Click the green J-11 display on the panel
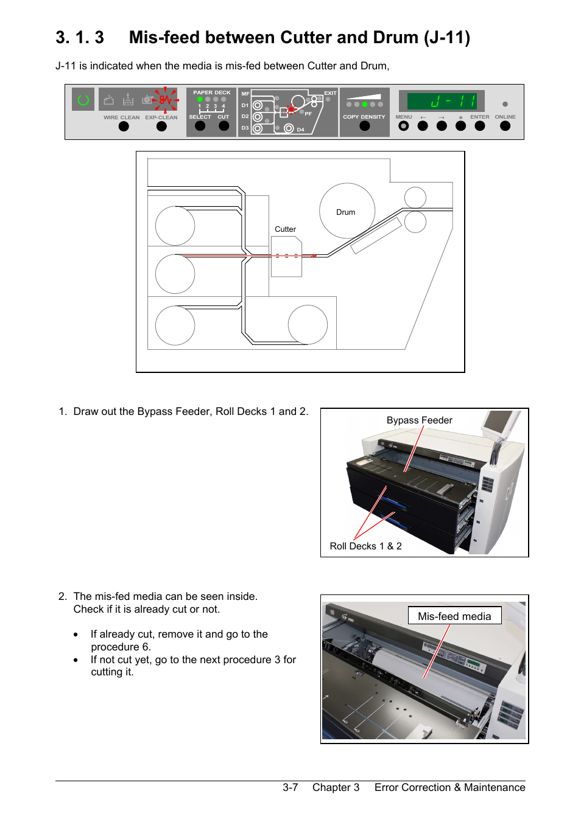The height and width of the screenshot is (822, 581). coord(442,101)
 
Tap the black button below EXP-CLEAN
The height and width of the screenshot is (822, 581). coord(161,127)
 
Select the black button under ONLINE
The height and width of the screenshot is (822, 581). coord(505,126)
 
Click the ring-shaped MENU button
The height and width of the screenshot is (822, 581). coord(403,126)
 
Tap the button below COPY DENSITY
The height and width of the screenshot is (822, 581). coord(364,126)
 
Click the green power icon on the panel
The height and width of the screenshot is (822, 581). coord(83,100)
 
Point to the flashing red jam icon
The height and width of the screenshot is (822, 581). coord(165,99)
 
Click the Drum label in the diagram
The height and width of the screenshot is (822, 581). coord(345,212)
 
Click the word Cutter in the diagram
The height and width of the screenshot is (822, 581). coord(285,229)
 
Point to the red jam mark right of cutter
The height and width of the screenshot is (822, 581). coord(314,256)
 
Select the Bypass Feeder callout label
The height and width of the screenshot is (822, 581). coord(419,420)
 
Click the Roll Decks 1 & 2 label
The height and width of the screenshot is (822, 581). coord(365,546)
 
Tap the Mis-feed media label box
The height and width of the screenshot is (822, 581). coord(454,616)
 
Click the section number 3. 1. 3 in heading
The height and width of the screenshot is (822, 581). coord(80,38)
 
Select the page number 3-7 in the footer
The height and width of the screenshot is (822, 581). coord(290,787)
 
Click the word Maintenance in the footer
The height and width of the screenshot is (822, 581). coord(494,787)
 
